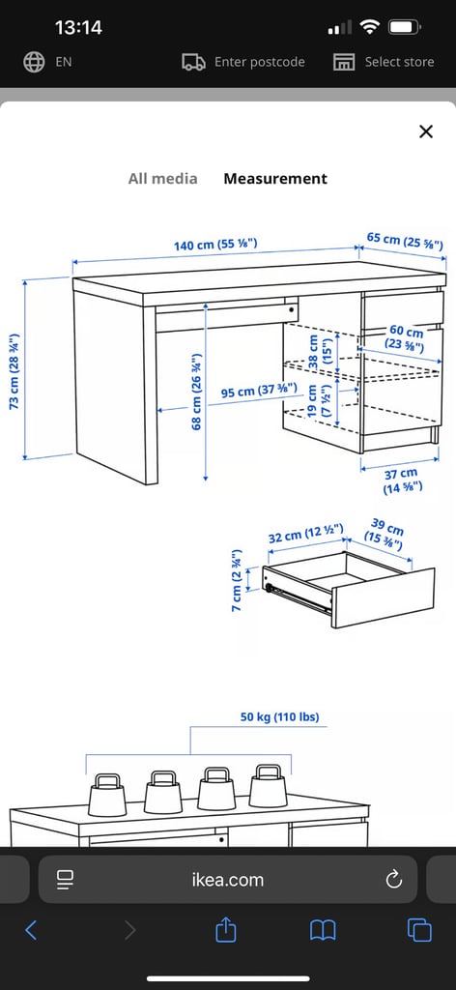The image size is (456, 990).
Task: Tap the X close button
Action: (x=426, y=131)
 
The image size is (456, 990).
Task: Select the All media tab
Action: (x=162, y=179)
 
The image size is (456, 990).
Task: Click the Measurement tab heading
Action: (x=275, y=179)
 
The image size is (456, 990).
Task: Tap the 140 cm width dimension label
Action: (x=215, y=245)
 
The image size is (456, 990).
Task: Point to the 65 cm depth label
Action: (x=405, y=241)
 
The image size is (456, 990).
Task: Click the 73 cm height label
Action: (x=14, y=372)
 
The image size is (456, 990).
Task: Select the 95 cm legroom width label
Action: (x=259, y=391)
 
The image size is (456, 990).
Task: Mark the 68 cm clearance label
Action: (x=197, y=393)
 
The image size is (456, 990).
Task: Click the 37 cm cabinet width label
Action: (x=401, y=480)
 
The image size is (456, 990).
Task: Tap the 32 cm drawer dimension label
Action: (x=306, y=534)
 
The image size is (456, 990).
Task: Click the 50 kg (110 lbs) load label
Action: (x=280, y=716)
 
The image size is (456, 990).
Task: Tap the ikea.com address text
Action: (x=228, y=880)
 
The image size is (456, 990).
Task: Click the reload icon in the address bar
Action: (x=393, y=880)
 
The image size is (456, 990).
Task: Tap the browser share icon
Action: (x=225, y=929)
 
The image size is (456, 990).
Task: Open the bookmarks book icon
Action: (x=323, y=931)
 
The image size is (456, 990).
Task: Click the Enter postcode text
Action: (x=259, y=62)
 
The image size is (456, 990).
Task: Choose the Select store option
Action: (x=399, y=62)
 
